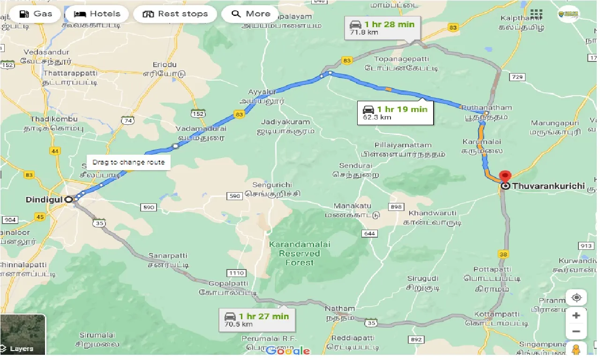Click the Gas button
click(x=36, y=14)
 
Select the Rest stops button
click(x=175, y=14)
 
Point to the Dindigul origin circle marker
click(x=69, y=199)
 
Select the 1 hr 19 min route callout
click(x=396, y=113)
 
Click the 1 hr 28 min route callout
click(x=382, y=28)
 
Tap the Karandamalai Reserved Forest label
click(x=299, y=253)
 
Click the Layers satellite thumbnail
click(x=23, y=334)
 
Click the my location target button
click(x=576, y=298)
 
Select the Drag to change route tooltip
click(x=128, y=162)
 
